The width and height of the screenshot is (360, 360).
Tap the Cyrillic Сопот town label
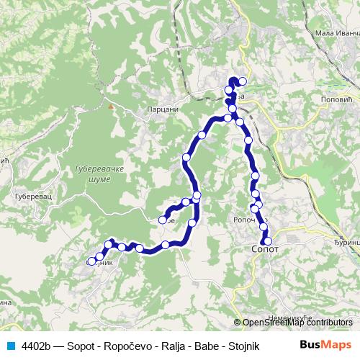(264, 248)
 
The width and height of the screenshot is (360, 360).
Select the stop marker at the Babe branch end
(163, 220)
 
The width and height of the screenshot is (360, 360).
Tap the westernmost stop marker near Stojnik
(91, 261)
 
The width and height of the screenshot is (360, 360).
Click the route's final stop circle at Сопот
(268, 241)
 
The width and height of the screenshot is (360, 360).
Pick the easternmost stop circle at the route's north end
(243, 81)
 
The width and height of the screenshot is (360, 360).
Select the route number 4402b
(37, 344)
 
